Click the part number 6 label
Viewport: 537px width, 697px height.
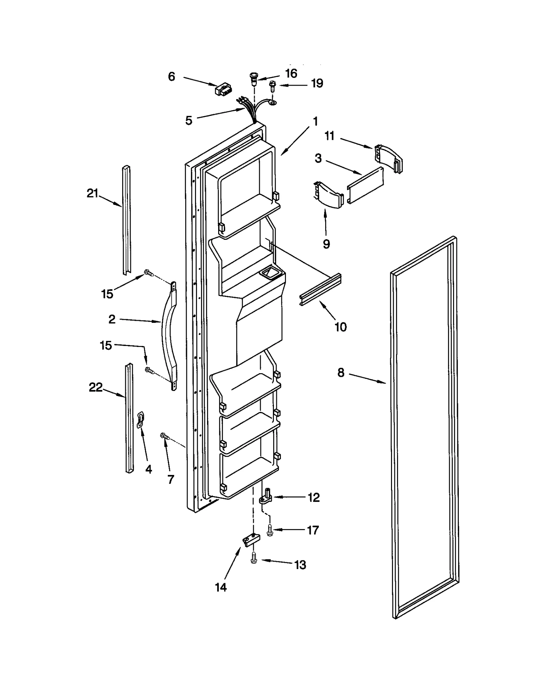pos(171,77)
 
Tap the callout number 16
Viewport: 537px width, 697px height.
pos(291,73)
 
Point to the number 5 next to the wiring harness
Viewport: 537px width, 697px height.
pos(189,120)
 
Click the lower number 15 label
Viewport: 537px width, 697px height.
pos(106,345)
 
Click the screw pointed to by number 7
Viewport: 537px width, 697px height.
pos(165,436)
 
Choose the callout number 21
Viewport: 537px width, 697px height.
pos(92,193)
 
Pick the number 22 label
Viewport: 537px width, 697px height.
pos(95,387)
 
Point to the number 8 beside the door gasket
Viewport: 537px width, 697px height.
pos(341,373)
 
